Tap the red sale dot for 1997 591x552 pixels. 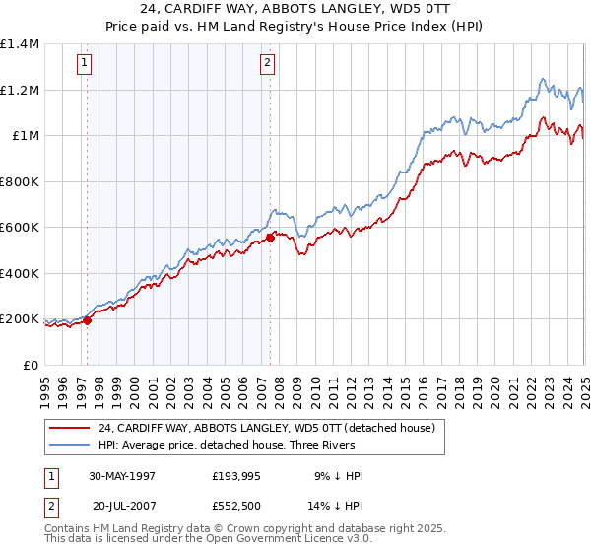(x=88, y=319)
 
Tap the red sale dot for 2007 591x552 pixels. (x=270, y=238)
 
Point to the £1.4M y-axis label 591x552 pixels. (x=20, y=44)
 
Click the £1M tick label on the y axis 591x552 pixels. (x=26, y=136)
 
